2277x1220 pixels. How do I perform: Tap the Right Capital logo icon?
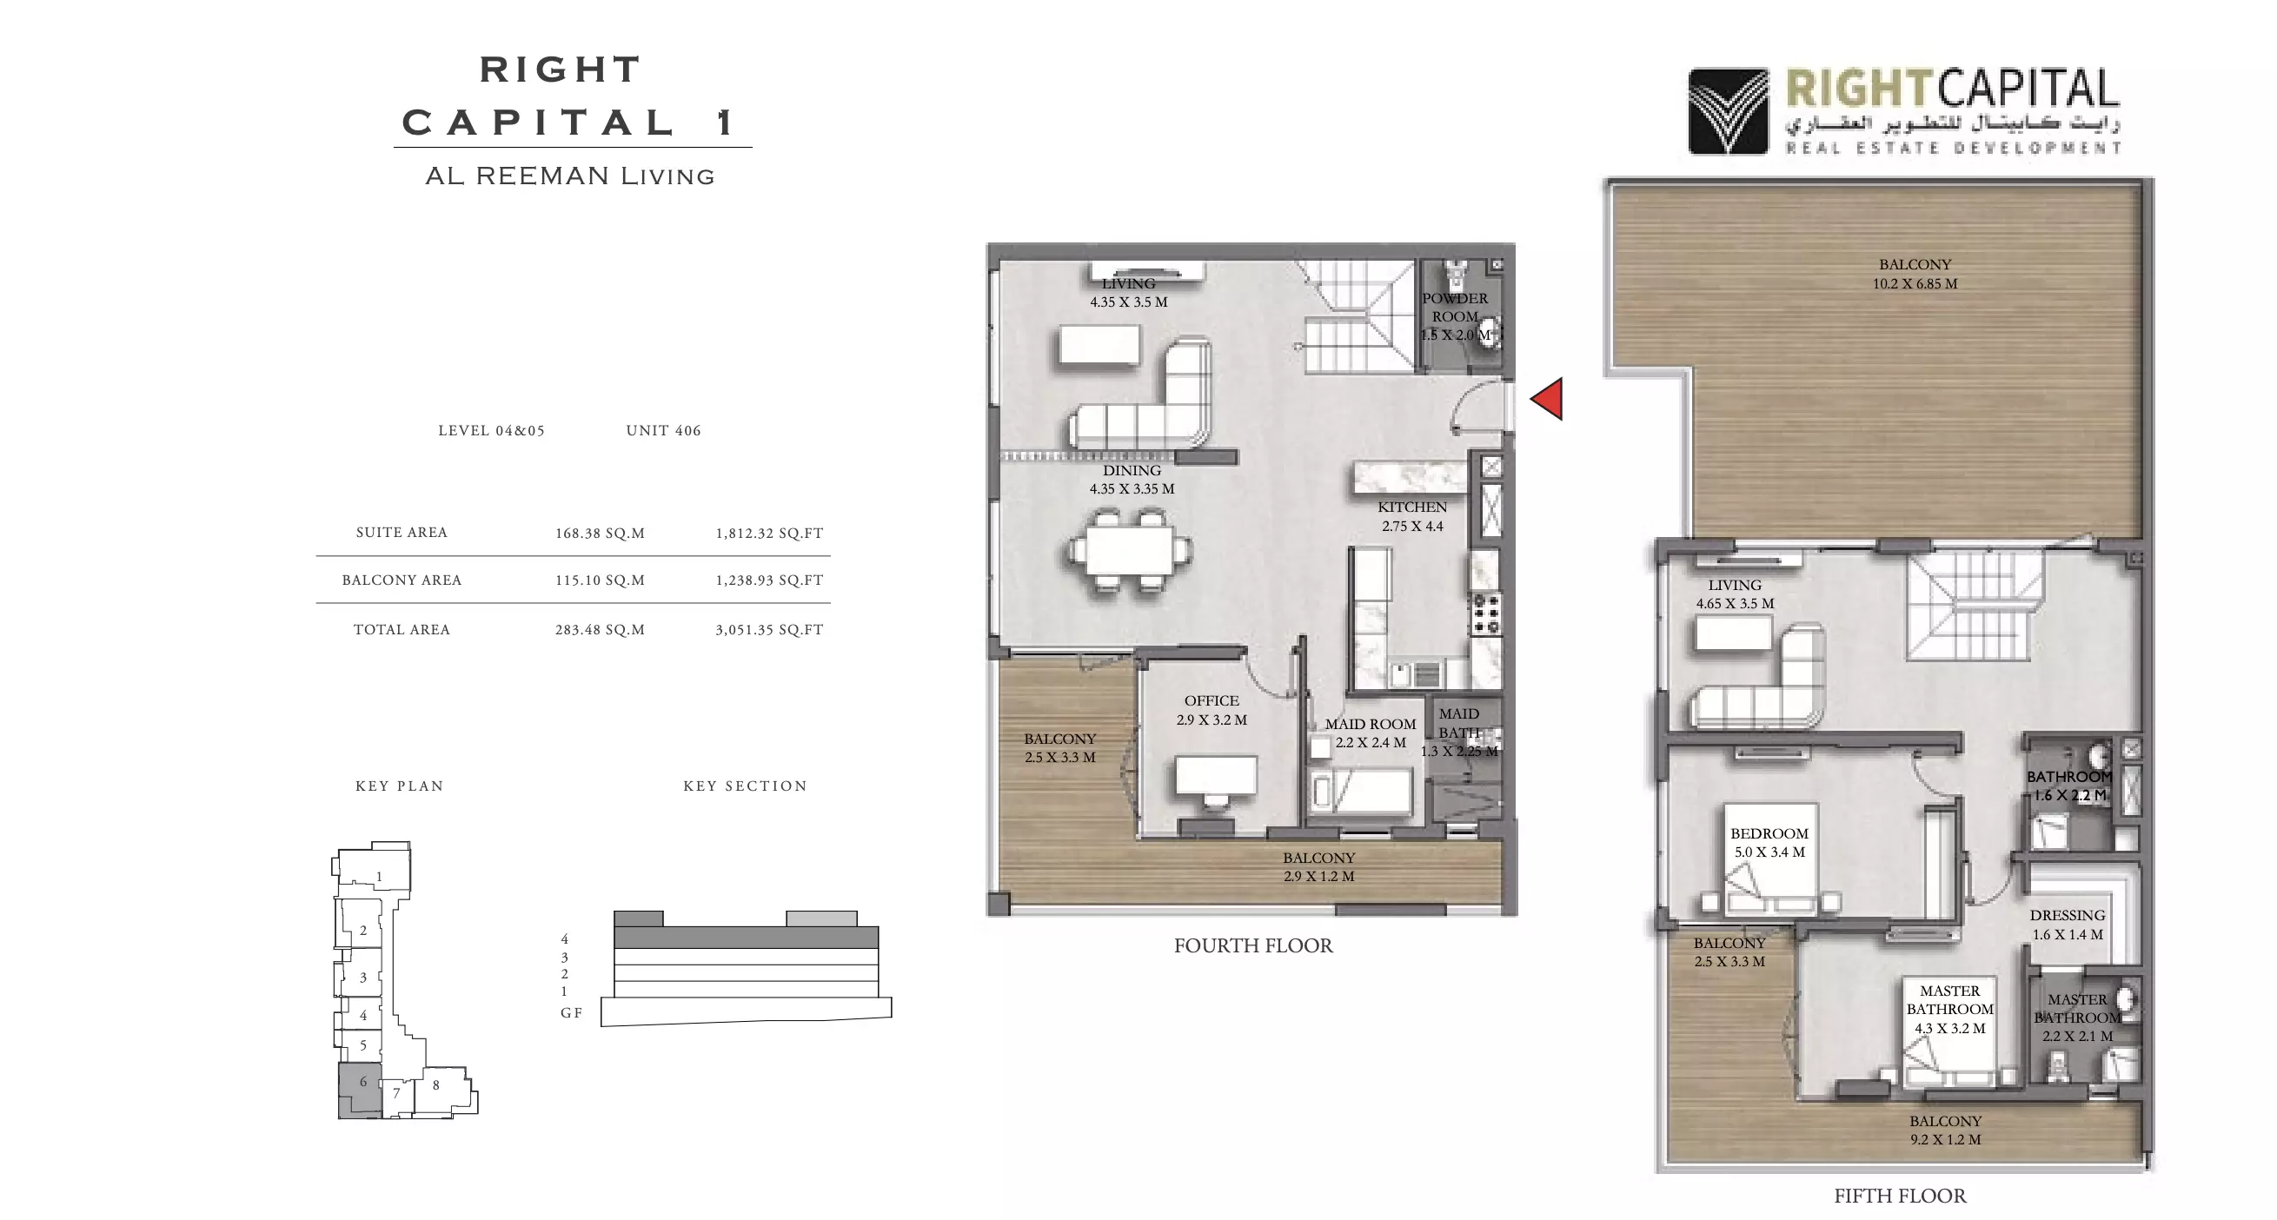1728,111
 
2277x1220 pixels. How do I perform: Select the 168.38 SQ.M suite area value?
601,533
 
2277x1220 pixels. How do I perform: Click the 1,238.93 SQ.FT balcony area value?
769,580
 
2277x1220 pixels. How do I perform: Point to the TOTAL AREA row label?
402,629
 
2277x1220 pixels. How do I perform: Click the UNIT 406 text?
664,430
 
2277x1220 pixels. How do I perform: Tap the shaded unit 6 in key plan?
360,1090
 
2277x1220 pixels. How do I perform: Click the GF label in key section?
572,1013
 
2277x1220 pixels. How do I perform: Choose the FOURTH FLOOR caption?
1253,945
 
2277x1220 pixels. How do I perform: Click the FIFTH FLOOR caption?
1901,1197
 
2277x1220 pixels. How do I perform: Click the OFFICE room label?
1212,701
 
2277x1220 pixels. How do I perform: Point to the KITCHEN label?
1412,507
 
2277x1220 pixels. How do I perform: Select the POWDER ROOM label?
1455,308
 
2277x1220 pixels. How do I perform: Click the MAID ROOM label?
1370,724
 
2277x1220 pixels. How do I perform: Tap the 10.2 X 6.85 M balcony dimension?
1915,284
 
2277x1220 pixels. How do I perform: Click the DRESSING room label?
2068,916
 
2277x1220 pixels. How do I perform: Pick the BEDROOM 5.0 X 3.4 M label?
1769,843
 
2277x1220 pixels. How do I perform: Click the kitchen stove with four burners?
1485,614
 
